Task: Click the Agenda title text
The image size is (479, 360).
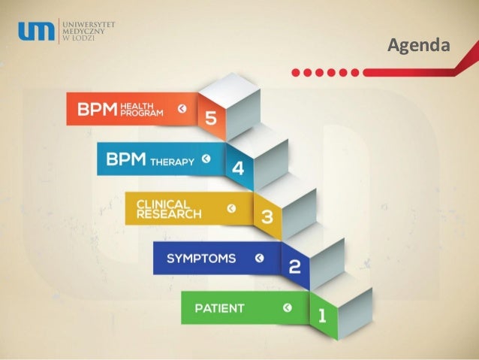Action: coord(417,47)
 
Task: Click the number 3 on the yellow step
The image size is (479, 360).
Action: coord(266,217)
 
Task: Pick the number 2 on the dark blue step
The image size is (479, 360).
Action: coord(294,266)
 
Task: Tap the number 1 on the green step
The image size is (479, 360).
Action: coord(321,315)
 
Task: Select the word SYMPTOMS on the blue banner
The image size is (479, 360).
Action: coord(200,259)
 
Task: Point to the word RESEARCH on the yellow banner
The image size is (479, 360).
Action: coord(168,213)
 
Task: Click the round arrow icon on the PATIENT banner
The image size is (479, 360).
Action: coord(287,307)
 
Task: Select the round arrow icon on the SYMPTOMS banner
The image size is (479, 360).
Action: coord(259,259)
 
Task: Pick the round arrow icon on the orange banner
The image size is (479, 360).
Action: coord(181,110)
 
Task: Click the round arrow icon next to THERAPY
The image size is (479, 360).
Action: coord(206,160)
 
